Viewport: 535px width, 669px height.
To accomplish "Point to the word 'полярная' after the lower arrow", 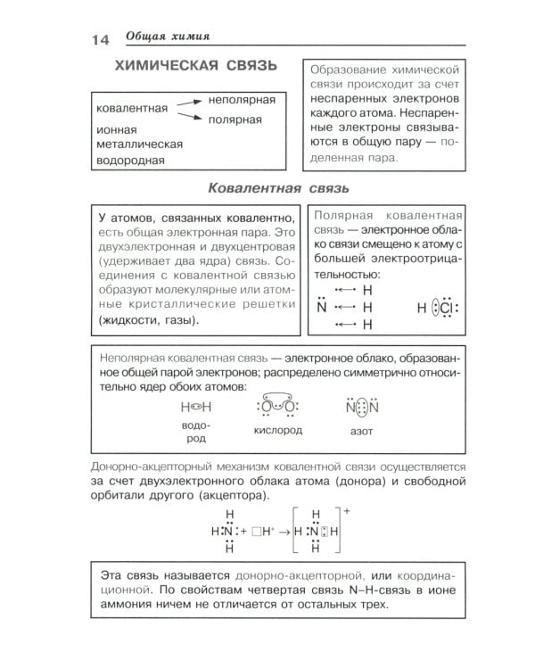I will [235, 120].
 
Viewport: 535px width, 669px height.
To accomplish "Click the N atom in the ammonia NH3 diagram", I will [322, 308].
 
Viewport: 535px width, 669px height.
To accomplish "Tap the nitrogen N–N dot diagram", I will [362, 407].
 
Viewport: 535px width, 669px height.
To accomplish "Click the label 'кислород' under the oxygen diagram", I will [277, 430].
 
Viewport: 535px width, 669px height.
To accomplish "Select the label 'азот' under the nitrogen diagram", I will [362, 430].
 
